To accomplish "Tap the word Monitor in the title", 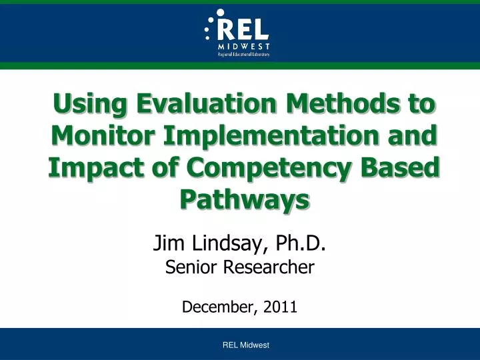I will pos(99,136).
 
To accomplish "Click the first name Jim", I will pos(168,245).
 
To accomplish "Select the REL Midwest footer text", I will pos(245,345).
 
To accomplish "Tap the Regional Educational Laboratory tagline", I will pos(243,55).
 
